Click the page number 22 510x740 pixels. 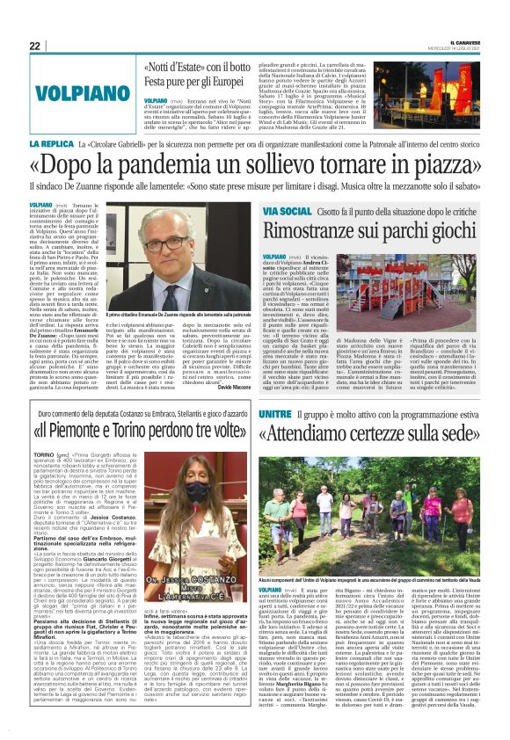point(34,46)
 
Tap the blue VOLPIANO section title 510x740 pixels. point(74,91)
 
